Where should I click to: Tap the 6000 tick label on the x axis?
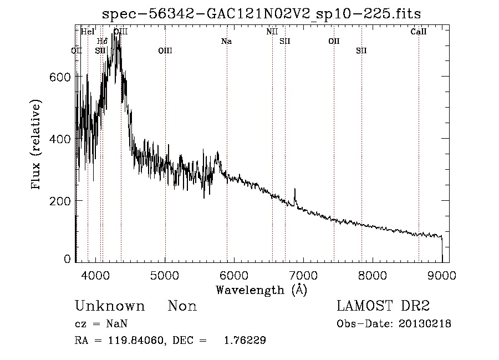pos(235,273)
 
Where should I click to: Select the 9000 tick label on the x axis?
pos(442,273)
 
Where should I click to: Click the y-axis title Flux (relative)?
pos(37,145)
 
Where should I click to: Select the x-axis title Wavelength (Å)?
pos(261,290)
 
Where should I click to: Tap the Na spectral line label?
pos(226,42)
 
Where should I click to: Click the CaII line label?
pos(419,32)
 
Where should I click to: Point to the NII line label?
pos(272,32)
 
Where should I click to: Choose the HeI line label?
pos(88,32)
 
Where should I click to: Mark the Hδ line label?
pos(102,42)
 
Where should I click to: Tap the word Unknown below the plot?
pos(110,306)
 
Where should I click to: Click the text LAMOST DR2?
pos(383,306)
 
